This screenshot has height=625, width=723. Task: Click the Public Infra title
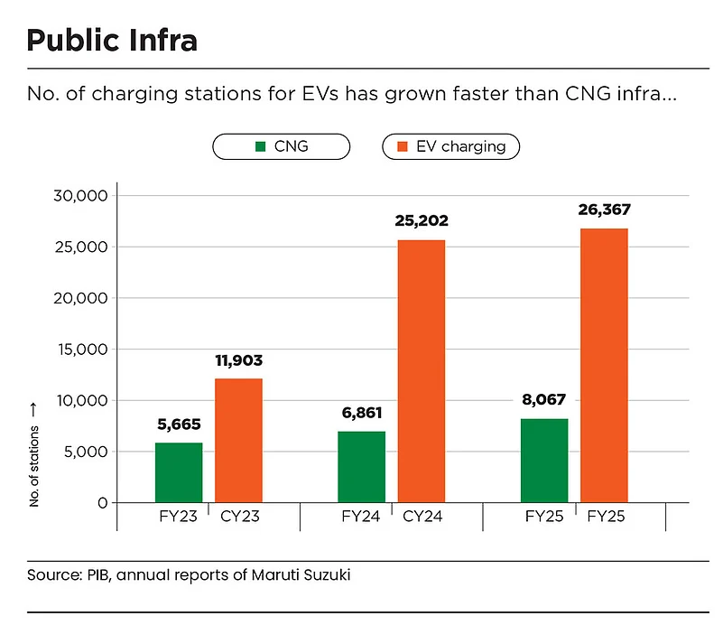[112, 40]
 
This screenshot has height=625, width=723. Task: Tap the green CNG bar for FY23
[179, 472]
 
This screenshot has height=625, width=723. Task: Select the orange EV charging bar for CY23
[238, 440]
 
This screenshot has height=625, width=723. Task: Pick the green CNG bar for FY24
[361, 467]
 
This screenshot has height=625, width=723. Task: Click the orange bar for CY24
[422, 370]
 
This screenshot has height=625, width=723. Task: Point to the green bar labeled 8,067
[544, 461]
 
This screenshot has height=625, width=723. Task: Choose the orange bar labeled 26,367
[604, 365]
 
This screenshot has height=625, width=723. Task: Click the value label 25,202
[421, 220]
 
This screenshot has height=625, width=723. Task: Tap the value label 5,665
[178, 424]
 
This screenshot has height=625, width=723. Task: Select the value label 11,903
[238, 360]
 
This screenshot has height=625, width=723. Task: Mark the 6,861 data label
[361, 413]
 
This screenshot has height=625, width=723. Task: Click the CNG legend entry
[281, 146]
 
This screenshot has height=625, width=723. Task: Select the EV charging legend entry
[450, 146]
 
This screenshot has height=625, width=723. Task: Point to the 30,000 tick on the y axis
[81, 196]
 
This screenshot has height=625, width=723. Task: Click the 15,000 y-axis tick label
[82, 350]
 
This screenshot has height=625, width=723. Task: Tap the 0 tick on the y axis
[103, 503]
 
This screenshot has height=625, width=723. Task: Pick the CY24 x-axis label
[422, 518]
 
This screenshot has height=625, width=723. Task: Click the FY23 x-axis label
[178, 518]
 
